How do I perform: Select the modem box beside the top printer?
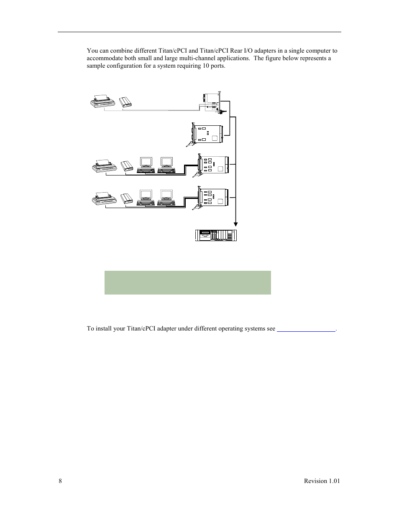point(126,102)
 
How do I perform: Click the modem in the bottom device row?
point(126,198)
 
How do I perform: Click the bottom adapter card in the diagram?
point(213,198)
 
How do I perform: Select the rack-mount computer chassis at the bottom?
point(216,235)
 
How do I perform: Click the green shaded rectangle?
point(187,282)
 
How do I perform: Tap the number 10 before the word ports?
point(202,66)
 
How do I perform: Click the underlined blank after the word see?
point(306,329)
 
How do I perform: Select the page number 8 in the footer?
point(60,481)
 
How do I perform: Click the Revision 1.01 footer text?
point(322,481)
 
